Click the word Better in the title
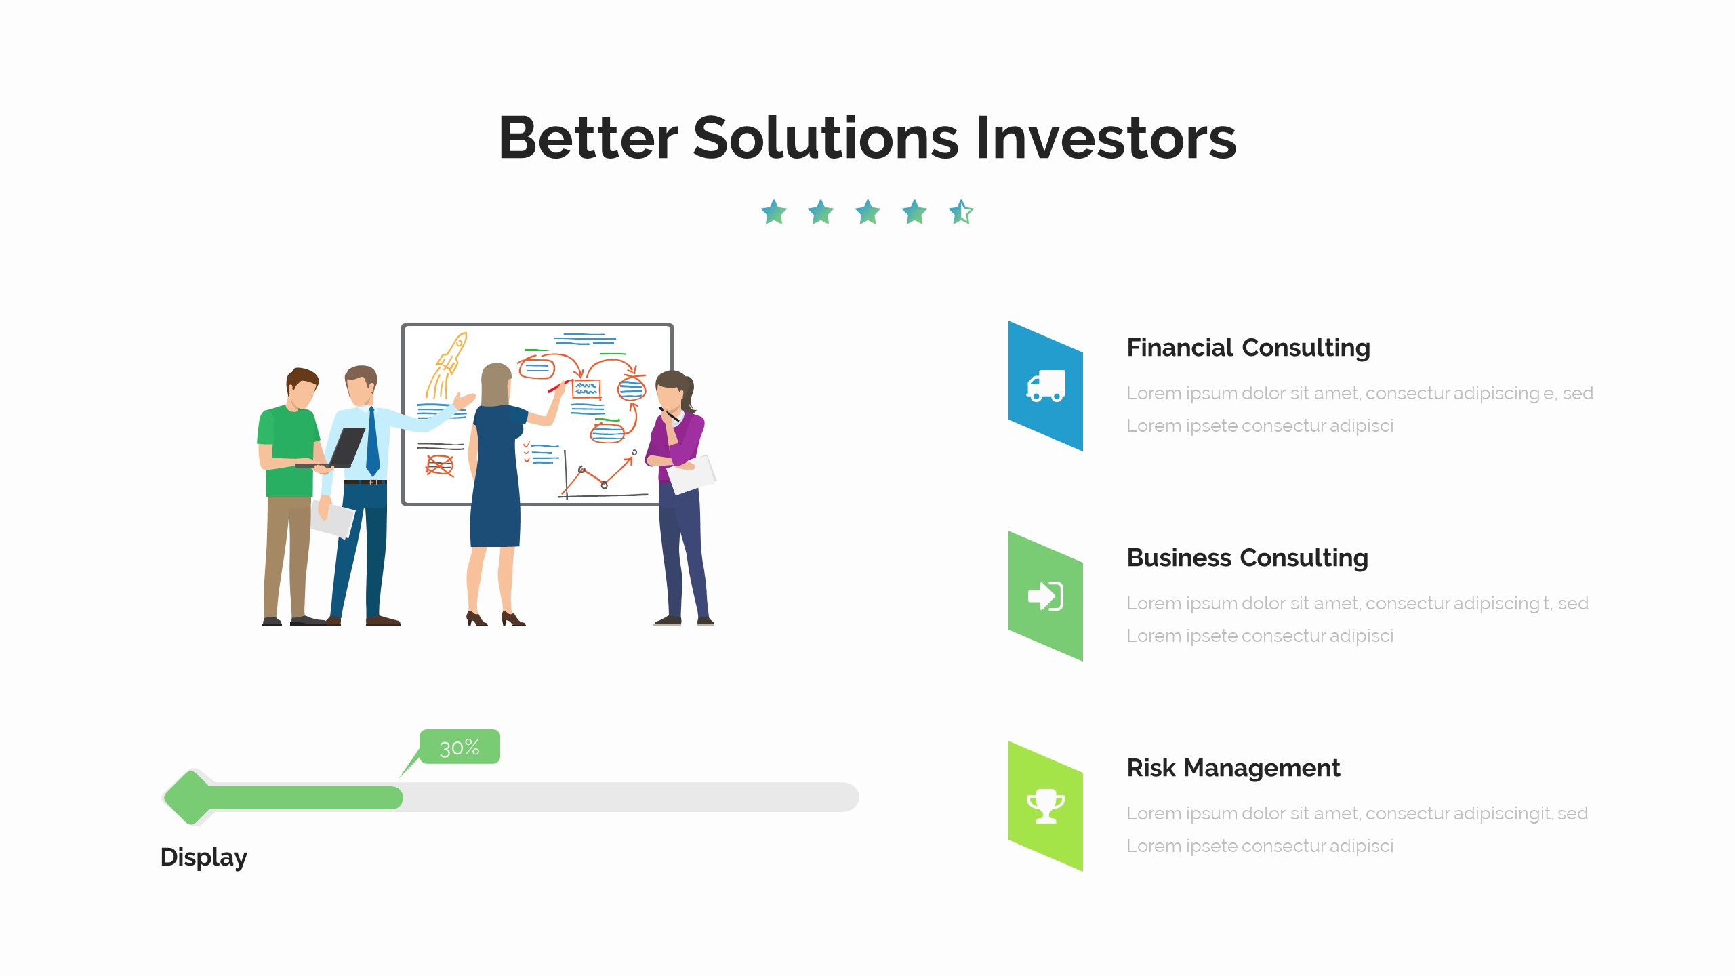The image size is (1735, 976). pos(587,138)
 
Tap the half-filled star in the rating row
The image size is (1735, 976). pos(961,212)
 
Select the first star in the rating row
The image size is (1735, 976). pos(774,212)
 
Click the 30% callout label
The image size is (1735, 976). pos(460,747)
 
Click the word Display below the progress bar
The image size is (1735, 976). pos(203,857)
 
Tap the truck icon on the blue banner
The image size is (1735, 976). pos(1046,386)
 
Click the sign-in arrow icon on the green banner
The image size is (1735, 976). pos(1046,596)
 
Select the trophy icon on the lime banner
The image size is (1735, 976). pos(1046,807)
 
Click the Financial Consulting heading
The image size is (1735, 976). pos(1248,348)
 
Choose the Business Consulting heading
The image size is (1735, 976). pos(1247,558)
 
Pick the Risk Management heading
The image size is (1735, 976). pos(1233,768)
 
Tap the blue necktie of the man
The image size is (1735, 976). pos(372,444)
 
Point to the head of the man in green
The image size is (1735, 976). pos(302,388)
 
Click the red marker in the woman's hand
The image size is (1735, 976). pos(556,387)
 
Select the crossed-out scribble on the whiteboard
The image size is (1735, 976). pos(439,466)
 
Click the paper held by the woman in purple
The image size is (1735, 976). pos(693,474)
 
